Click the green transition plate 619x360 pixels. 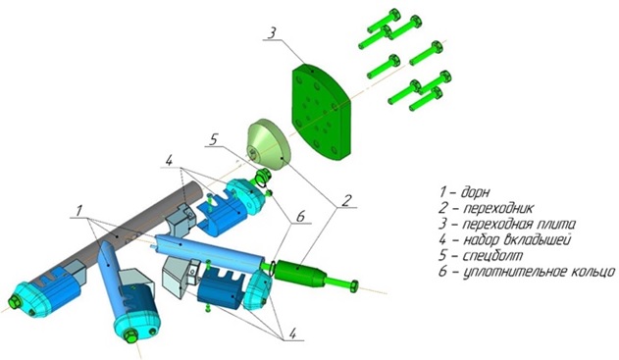(321, 112)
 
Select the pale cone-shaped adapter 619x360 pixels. (269, 145)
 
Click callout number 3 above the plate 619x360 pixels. (272, 32)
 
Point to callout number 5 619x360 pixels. (214, 139)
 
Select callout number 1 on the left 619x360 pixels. (79, 210)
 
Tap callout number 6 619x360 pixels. (300, 216)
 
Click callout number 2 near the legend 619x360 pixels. (345, 200)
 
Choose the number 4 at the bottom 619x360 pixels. (292, 334)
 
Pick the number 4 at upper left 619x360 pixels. (169, 160)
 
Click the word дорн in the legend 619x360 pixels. (476, 193)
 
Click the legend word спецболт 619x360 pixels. (492, 255)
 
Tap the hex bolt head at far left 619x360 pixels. (15, 303)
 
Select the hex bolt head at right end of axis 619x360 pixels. (353, 285)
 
